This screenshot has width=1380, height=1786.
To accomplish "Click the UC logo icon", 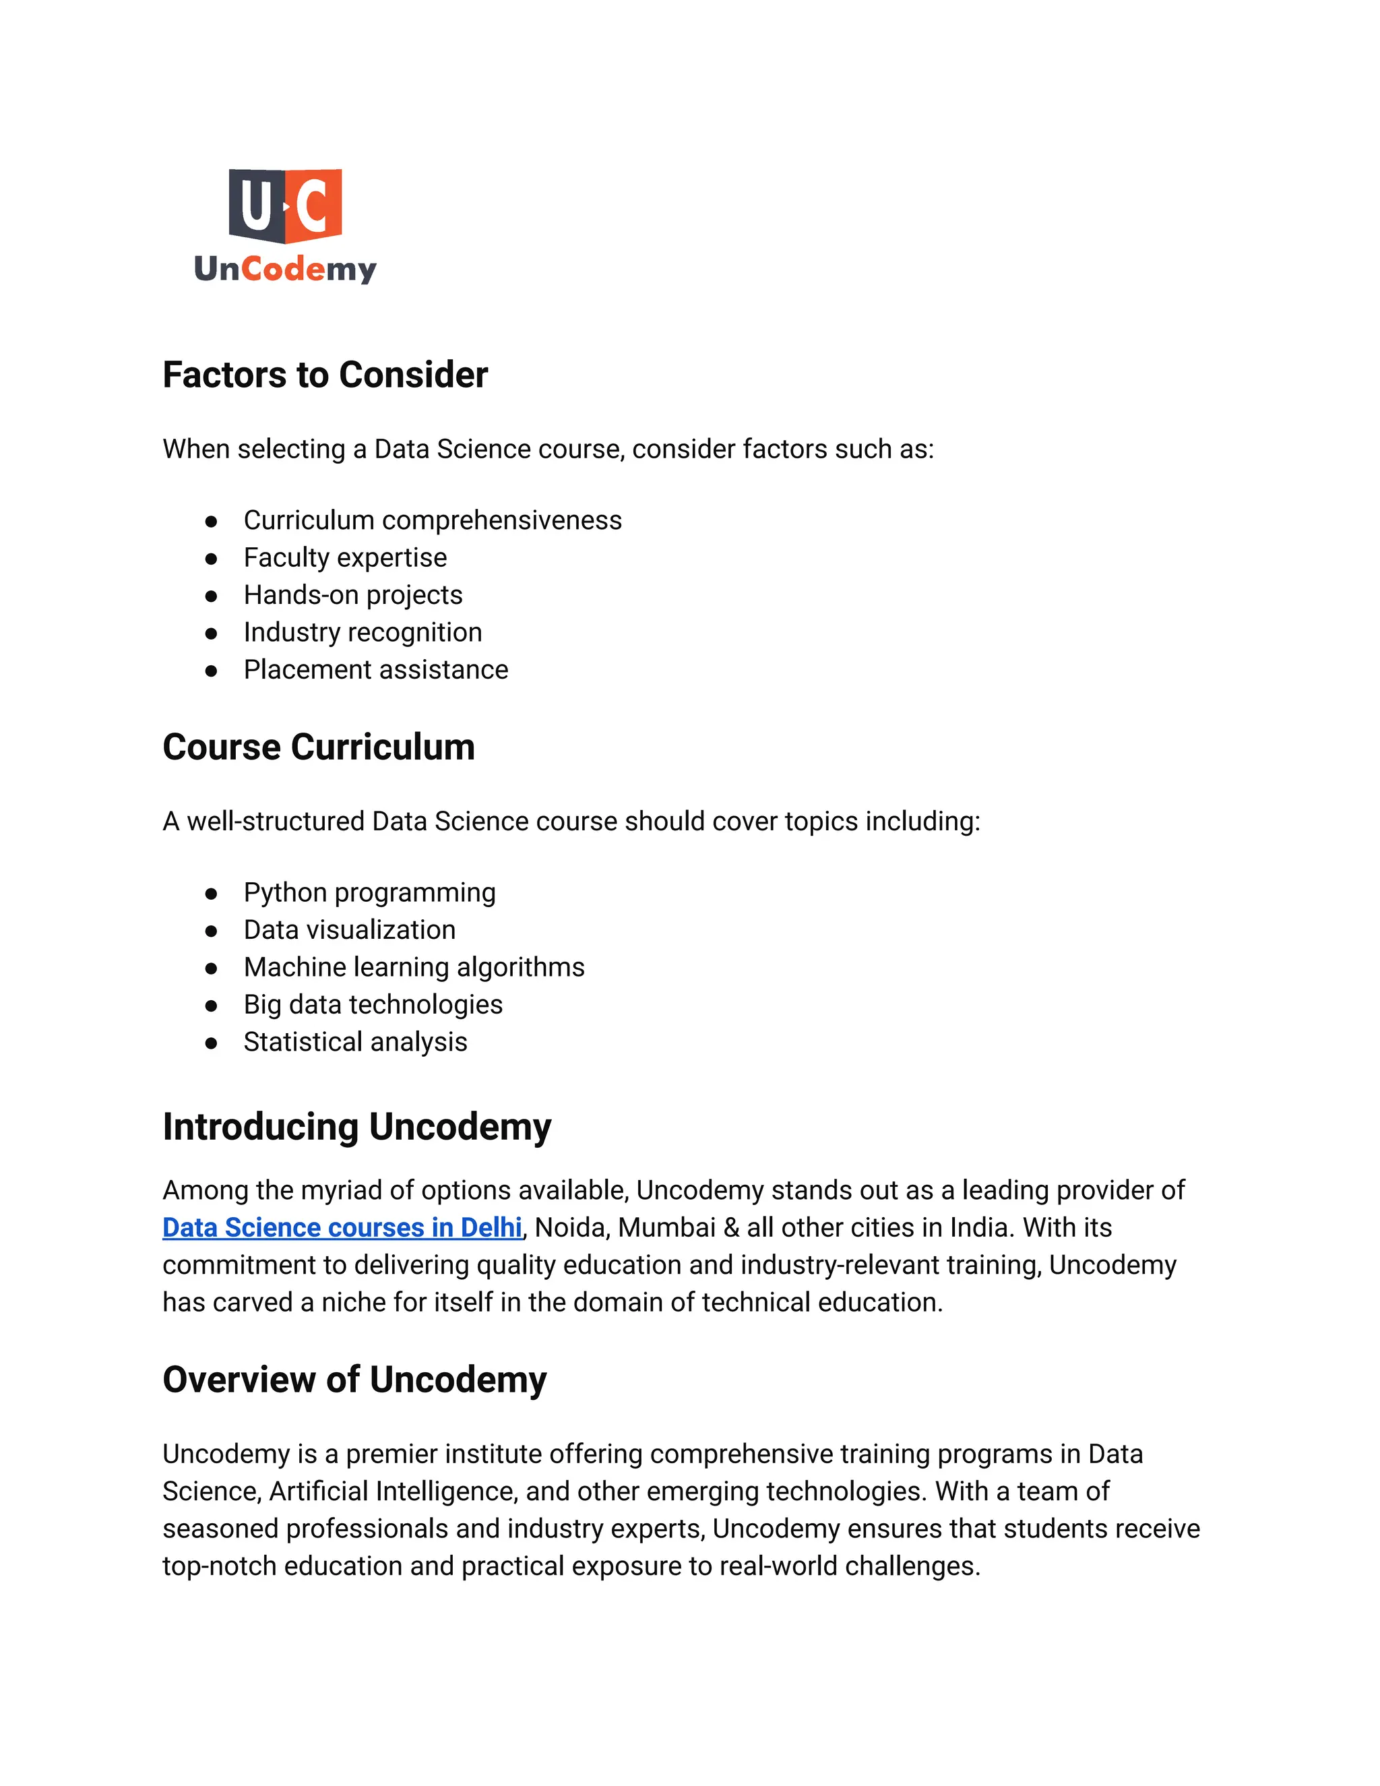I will tap(284, 206).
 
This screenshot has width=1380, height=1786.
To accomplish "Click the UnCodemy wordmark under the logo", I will tap(284, 268).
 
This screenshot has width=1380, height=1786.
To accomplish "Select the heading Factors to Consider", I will tap(325, 375).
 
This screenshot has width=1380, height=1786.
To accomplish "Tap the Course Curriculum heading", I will tap(318, 747).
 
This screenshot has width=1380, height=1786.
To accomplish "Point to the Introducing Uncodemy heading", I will tap(356, 1126).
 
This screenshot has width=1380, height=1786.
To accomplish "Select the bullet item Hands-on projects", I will tap(352, 594).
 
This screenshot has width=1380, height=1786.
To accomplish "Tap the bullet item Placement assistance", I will tap(375, 669).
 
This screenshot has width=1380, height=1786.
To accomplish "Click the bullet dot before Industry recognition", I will tap(211, 632).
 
